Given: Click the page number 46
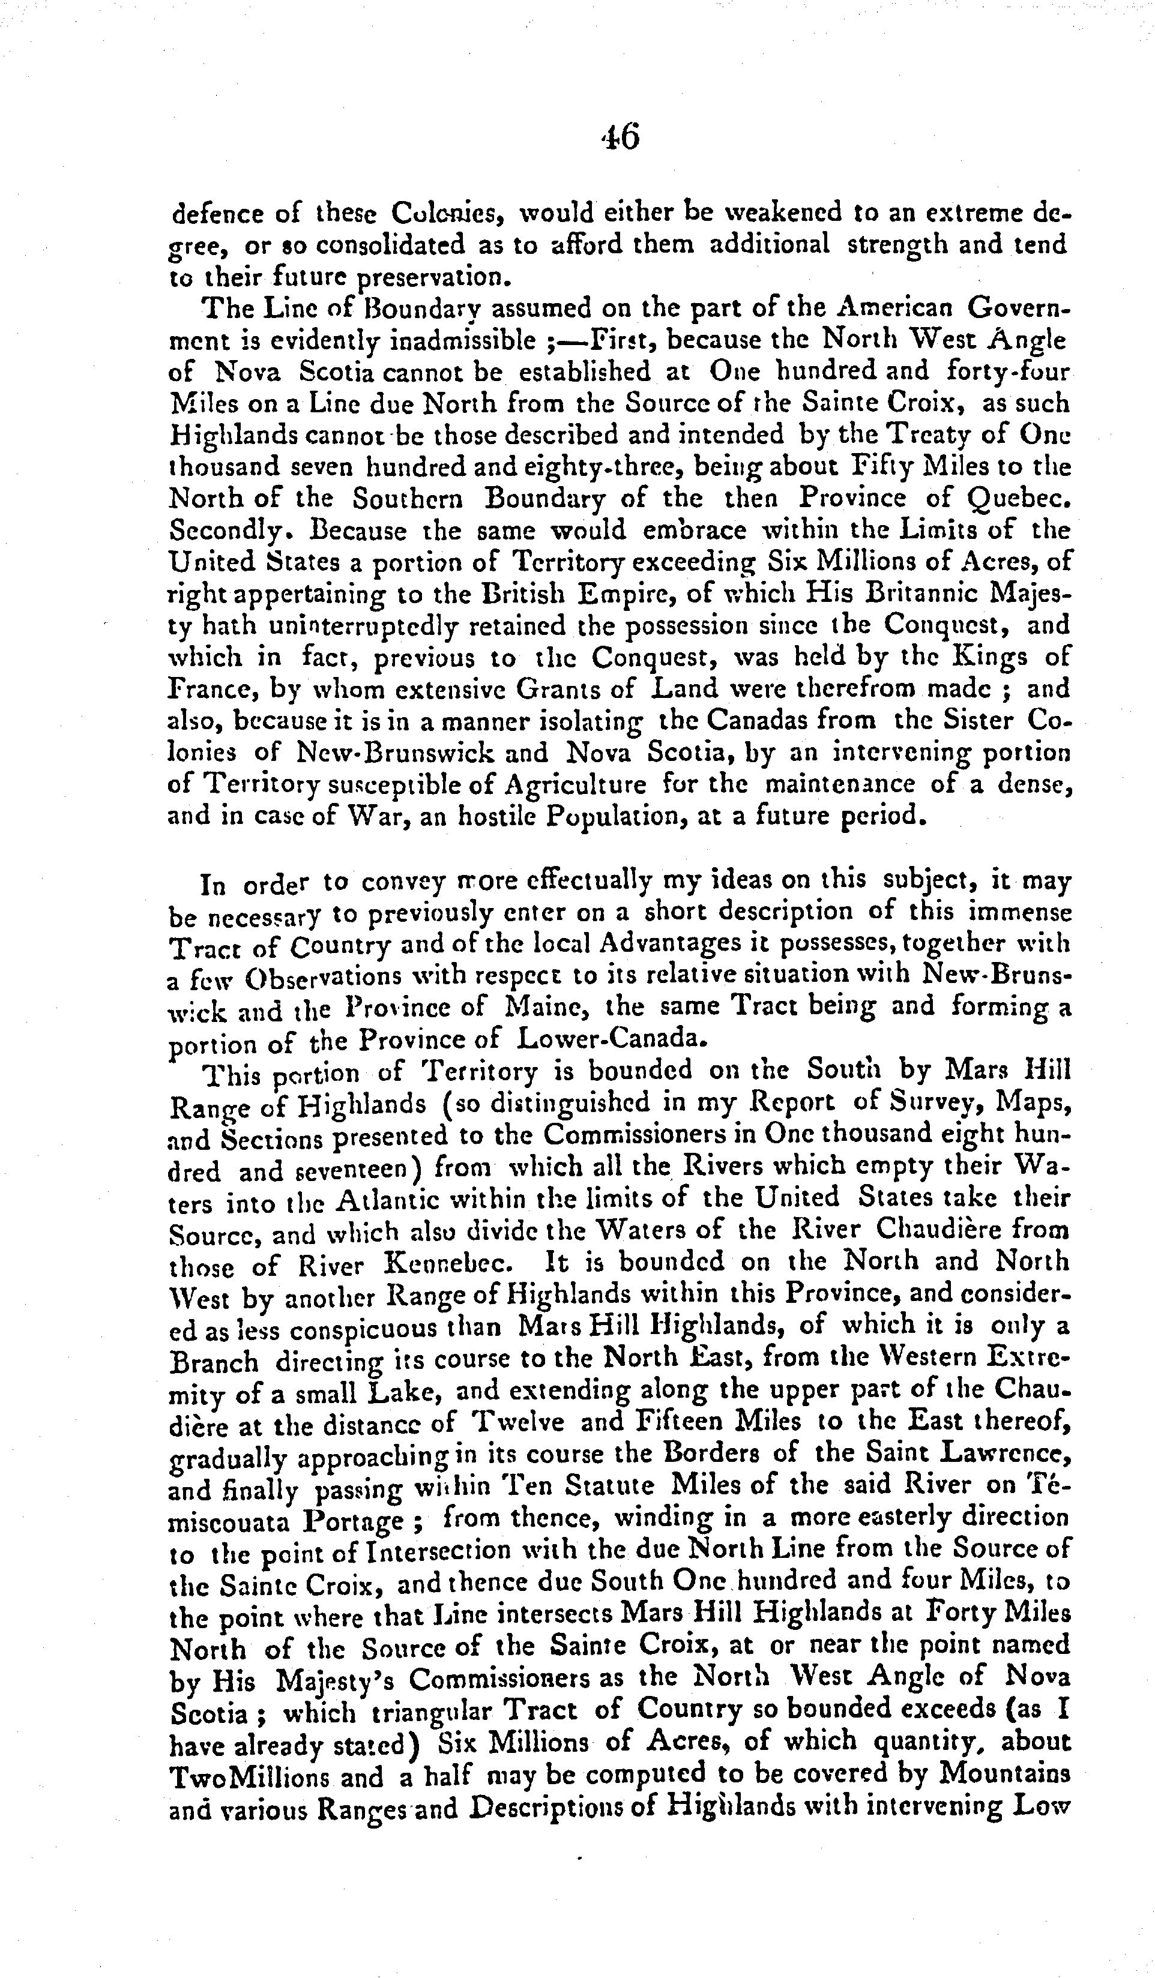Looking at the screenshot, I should (x=620, y=137).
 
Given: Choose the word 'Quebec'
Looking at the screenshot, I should (x=1018, y=500).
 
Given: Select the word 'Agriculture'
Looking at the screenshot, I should (x=576, y=785).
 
